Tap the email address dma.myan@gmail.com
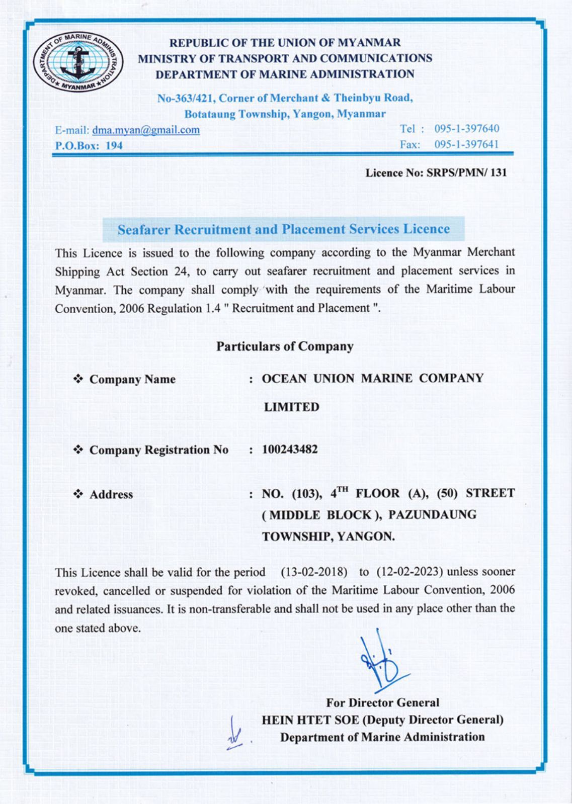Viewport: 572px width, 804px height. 146,130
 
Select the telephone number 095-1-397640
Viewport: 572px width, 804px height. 466,129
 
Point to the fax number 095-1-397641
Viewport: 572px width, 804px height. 466,145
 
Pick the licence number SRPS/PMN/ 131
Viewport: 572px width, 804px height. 466,172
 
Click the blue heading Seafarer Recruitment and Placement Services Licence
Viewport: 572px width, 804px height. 283,229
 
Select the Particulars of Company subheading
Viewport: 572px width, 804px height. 285,346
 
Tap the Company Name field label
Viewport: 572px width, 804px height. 132,379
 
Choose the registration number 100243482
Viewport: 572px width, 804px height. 290,449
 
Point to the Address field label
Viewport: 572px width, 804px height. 111,494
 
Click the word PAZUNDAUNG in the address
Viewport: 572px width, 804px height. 432,515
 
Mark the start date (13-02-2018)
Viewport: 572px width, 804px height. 314,572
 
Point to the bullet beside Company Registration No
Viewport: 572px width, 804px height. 78,450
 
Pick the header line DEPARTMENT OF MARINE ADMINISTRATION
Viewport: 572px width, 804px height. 285,74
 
